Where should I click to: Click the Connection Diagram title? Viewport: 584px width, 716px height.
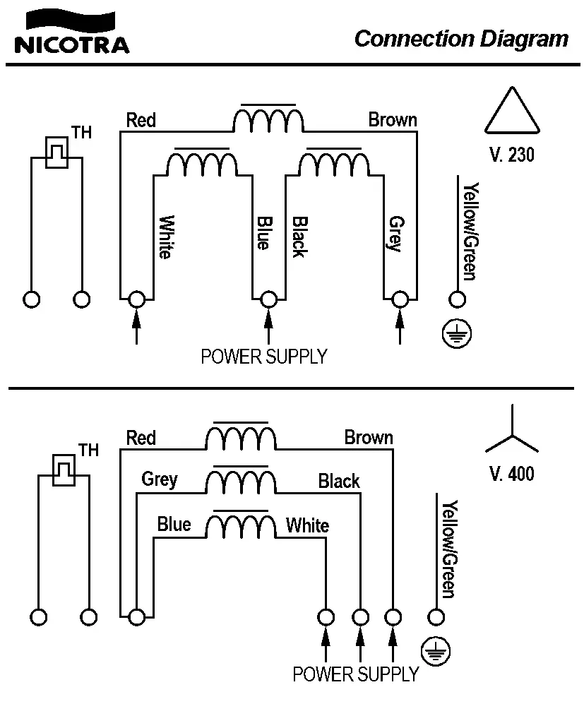pos(461,38)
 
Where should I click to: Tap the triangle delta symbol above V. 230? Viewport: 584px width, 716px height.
pos(513,112)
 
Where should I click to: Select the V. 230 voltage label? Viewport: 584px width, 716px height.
pos(511,155)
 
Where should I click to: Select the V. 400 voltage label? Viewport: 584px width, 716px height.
pos(511,473)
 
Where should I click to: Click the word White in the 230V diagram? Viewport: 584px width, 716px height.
pos(165,237)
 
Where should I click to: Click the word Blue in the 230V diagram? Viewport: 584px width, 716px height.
pos(262,232)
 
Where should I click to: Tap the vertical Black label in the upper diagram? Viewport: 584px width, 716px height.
pos(299,237)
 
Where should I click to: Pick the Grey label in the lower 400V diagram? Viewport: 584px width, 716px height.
pos(160,479)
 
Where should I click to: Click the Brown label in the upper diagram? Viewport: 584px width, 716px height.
pos(393,120)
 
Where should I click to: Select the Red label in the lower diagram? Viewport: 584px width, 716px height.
pos(141,438)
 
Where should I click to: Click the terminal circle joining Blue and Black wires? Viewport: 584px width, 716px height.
pos(268,299)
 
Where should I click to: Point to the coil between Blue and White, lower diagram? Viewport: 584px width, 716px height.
pos(240,526)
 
